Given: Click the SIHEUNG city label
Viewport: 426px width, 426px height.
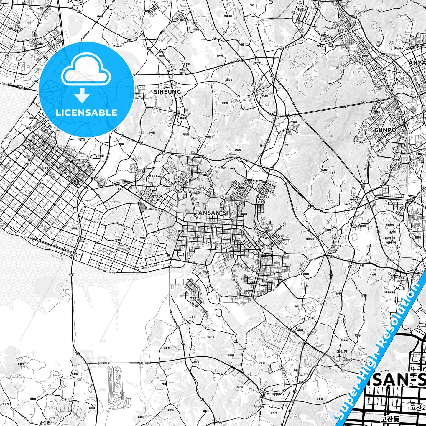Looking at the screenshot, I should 167,92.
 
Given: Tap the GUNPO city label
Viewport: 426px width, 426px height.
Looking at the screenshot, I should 385,130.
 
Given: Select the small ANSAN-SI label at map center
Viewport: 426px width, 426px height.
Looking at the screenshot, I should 213,213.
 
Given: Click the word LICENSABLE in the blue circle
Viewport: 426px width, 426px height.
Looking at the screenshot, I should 86,112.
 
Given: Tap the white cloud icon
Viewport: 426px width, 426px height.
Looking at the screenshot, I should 86,72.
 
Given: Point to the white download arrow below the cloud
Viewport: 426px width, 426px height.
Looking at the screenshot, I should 82,95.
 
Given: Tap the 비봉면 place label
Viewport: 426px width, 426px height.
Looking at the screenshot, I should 277,394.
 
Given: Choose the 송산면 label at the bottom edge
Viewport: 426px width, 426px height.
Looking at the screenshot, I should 45,422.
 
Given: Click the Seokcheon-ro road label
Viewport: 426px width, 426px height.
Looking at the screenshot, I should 331,27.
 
